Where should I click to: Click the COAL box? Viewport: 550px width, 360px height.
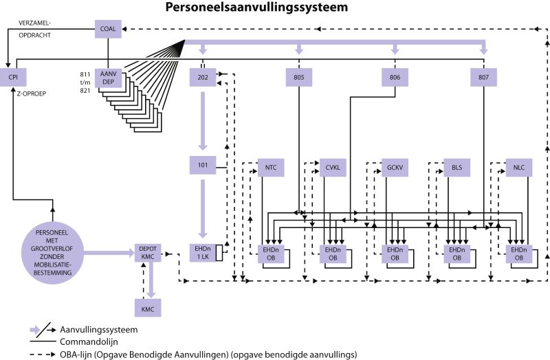[x=108, y=29]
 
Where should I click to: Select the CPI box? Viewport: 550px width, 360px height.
[x=13, y=78]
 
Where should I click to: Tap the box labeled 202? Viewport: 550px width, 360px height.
[x=203, y=78]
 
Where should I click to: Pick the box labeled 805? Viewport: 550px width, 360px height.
[x=299, y=78]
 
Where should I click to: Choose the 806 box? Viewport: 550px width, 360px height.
[x=395, y=78]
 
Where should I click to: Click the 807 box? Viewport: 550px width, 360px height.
[x=484, y=78]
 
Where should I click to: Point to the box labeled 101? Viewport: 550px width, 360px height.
[x=203, y=166]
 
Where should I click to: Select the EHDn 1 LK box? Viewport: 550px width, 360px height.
[x=201, y=253]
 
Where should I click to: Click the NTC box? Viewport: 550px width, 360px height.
[x=270, y=168]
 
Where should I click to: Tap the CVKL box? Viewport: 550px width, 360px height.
[x=332, y=168]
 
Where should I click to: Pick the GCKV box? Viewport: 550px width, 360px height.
[x=394, y=168]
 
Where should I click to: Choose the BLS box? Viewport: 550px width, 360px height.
[x=456, y=168]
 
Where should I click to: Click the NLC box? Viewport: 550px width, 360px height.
[x=518, y=168]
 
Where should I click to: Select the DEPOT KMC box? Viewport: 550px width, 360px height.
[x=148, y=253]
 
